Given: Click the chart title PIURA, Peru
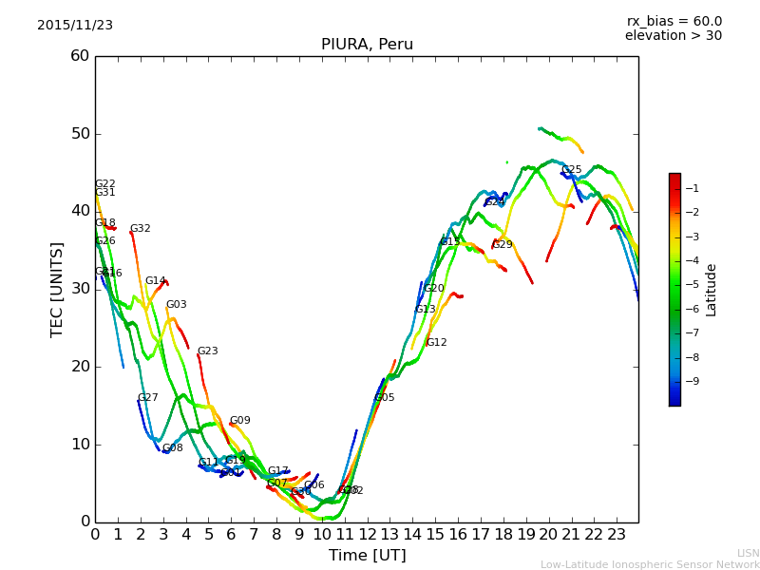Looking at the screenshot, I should click(367, 45).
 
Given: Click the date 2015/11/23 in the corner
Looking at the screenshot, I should click(75, 26).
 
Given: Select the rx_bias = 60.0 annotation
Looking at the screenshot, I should click(674, 22).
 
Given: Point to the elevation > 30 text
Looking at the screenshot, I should click(673, 36).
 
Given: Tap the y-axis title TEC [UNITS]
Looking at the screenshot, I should click(57, 289).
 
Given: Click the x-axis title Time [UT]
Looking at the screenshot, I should click(367, 556).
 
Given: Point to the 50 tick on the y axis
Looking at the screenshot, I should click(80, 134).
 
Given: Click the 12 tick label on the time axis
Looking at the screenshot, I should click(367, 535).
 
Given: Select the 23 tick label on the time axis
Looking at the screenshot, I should click(617, 535).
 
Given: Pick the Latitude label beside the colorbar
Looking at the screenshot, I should click(712, 289).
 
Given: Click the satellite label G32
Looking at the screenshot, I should click(141, 229).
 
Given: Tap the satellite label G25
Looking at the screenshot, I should click(571, 170).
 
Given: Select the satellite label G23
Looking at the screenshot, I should click(207, 351).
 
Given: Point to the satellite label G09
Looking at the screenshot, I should click(239, 421).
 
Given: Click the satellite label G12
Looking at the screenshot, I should click(436, 343).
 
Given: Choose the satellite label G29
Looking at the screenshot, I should click(502, 245).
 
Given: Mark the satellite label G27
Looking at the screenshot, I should click(148, 398).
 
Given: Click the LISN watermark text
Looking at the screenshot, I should click(748, 553).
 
